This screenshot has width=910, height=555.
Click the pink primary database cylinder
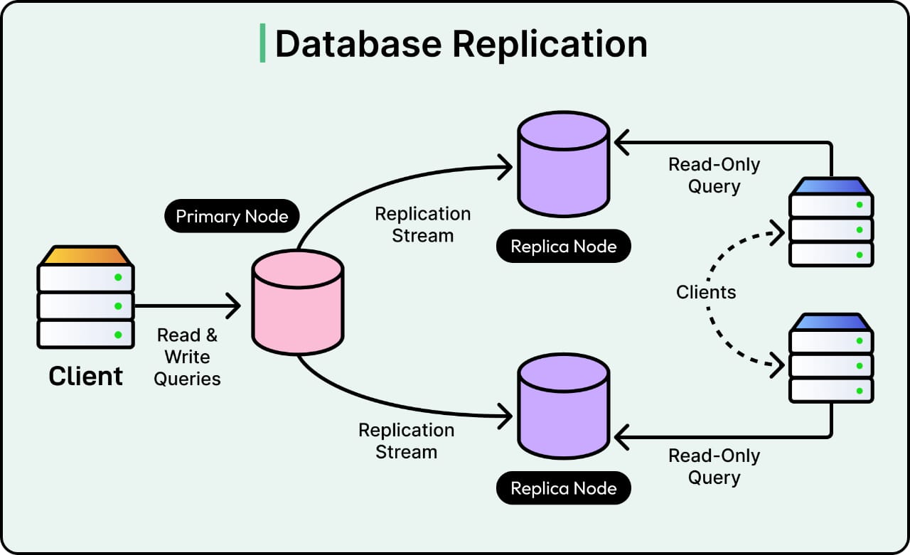click(298, 302)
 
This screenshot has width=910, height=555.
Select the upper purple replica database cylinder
click(563, 164)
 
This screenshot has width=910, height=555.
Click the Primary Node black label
click(232, 216)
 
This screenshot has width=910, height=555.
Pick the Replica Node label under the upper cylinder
click(563, 247)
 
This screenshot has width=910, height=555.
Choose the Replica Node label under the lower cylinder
click(563, 488)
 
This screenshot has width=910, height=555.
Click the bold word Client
click(85, 376)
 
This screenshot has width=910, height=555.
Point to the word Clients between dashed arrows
click(706, 292)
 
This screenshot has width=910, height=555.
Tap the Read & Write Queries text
click(188, 357)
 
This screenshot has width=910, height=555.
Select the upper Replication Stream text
click(422, 225)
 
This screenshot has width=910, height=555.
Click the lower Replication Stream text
click(406, 441)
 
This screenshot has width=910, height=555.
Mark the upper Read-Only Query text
click(714, 176)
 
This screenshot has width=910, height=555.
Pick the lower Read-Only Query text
click(714, 466)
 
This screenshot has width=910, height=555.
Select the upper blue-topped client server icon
click(831, 222)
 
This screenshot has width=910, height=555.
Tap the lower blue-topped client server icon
click(831, 357)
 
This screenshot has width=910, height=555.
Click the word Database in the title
click(359, 43)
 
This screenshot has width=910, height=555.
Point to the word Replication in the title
click(550, 43)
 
